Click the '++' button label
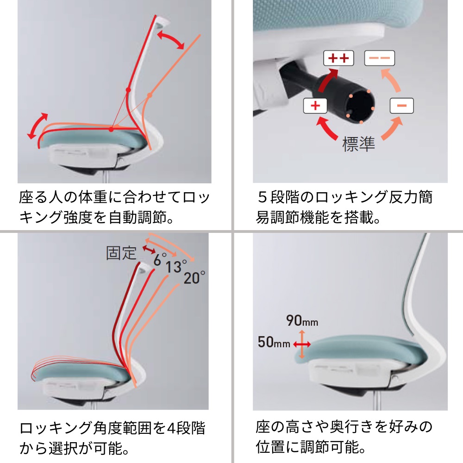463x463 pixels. (x=338, y=58)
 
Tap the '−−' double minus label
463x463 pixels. (x=380, y=58)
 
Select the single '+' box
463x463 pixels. (x=315, y=106)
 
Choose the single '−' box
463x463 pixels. (x=401, y=106)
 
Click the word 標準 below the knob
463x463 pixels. (x=358, y=145)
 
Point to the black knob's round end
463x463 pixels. (x=360, y=108)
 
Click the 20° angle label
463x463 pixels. (x=194, y=278)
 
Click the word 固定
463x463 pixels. (x=121, y=253)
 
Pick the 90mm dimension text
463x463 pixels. (x=302, y=321)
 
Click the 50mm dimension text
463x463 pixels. (x=274, y=343)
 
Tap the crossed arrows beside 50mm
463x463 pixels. (x=302, y=344)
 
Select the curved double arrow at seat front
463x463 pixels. (x=37, y=125)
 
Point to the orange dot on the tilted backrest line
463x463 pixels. (x=150, y=96)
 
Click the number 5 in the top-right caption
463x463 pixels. (x=263, y=198)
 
